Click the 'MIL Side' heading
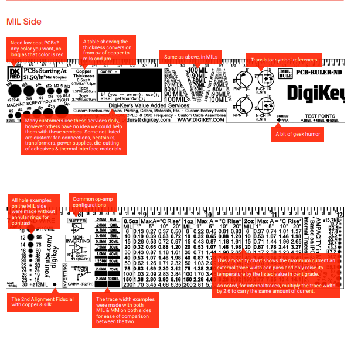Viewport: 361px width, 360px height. click(x=24, y=22)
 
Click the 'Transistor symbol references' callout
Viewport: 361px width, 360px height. click(x=284, y=60)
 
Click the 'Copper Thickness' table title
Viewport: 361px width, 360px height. click(x=84, y=74)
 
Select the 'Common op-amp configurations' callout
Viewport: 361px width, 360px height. click(x=92, y=202)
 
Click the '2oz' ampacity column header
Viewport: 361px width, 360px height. click(x=249, y=222)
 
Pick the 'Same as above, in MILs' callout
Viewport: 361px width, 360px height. click(x=190, y=57)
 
